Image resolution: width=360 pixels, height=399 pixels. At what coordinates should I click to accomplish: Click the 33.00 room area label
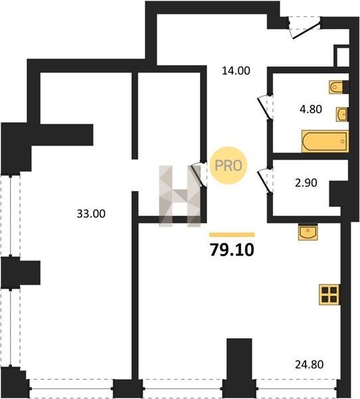91,213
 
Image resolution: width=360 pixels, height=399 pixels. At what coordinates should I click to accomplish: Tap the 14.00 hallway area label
236,70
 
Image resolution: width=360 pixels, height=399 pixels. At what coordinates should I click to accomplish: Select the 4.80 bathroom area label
311,109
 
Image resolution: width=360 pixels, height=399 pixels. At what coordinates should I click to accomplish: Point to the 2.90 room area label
306,183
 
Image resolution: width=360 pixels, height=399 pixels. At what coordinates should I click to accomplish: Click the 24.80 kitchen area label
309,364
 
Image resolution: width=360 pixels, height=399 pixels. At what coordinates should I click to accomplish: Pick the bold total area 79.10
232,249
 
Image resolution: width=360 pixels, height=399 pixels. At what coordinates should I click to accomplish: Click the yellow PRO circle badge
228,166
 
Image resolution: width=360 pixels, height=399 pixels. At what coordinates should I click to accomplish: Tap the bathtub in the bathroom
325,142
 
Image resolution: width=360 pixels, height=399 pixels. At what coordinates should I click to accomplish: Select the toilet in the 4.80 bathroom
336,87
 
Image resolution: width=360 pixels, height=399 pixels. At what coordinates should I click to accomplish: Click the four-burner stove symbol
329,294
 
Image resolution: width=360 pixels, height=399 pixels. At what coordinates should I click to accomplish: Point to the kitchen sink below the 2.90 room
308,232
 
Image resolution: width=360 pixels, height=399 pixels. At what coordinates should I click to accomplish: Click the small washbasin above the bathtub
342,114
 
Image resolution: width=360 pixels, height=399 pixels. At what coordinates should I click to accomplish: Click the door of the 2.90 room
264,182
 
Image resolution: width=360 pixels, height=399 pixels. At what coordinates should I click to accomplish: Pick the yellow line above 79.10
232,235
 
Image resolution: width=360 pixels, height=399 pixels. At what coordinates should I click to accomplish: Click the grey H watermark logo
179,196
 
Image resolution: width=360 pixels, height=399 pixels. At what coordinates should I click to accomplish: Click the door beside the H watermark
199,175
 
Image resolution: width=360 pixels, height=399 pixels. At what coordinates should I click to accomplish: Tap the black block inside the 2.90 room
335,194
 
